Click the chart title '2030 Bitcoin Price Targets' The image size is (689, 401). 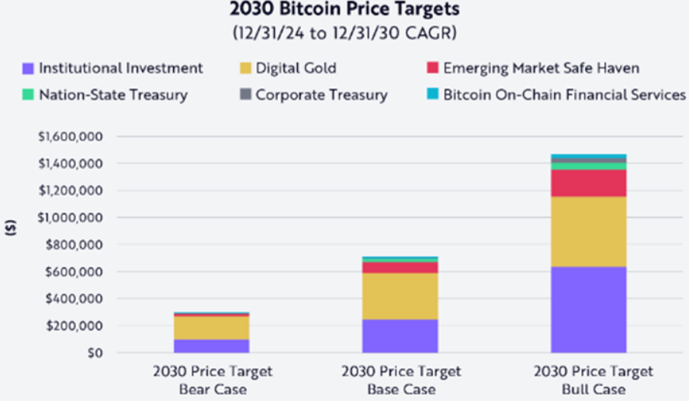(x=345, y=11)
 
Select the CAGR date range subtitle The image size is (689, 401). (x=345, y=33)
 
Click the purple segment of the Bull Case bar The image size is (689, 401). (x=589, y=309)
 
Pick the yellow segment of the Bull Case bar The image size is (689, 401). (x=589, y=232)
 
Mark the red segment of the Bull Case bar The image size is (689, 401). (x=589, y=183)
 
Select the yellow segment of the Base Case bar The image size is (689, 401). (x=400, y=296)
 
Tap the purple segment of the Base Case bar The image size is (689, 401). (x=400, y=336)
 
